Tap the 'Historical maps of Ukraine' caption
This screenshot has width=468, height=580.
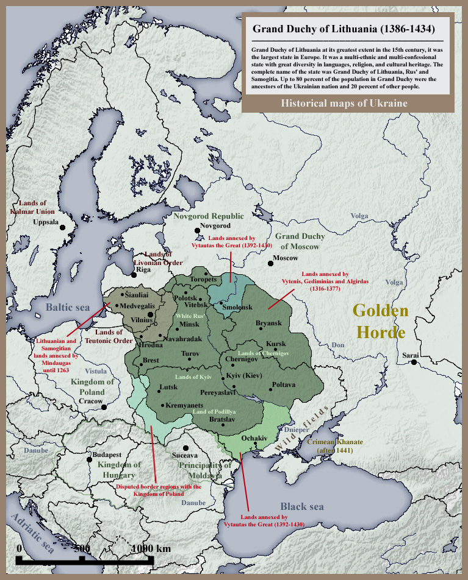(344, 103)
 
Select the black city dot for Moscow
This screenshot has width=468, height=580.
(270, 263)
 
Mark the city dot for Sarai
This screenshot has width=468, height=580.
(414, 362)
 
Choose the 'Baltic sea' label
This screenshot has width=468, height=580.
(67, 306)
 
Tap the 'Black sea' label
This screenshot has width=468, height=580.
(301, 506)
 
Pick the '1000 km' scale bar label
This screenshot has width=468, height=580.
(151, 548)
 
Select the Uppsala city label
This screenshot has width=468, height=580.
(46, 222)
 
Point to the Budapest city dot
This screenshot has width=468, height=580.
(88, 456)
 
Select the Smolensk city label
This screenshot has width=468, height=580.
(237, 308)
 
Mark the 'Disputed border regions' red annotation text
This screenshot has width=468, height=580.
(159, 490)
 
